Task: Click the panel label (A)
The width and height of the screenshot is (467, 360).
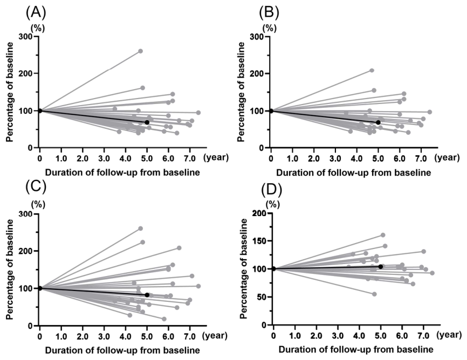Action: click(x=36, y=13)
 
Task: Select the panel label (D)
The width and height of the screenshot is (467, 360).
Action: click(x=271, y=191)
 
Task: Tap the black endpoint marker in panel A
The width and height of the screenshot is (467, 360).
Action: click(x=147, y=122)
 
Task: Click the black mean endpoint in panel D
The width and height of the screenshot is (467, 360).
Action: click(x=381, y=267)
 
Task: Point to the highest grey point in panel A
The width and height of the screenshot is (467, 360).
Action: click(x=141, y=51)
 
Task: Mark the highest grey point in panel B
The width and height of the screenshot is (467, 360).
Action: click(x=372, y=70)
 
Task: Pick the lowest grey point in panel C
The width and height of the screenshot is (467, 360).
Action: click(x=164, y=319)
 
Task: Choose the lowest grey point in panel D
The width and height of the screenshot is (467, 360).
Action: click(x=374, y=294)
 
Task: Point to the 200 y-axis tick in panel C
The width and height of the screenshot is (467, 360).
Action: click(x=26, y=251)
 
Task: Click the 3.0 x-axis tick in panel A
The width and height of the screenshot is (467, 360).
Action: click(x=104, y=158)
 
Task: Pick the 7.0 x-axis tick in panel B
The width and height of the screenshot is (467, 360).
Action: click(x=421, y=158)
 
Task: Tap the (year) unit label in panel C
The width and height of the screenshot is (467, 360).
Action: click(x=215, y=336)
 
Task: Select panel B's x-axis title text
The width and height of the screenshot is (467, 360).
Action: click(x=354, y=172)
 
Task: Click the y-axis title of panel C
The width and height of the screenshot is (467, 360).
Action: click(x=10, y=269)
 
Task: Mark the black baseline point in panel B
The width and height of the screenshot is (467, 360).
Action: click(x=271, y=111)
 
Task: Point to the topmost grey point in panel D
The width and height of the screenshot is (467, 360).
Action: click(x=383, y=235)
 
